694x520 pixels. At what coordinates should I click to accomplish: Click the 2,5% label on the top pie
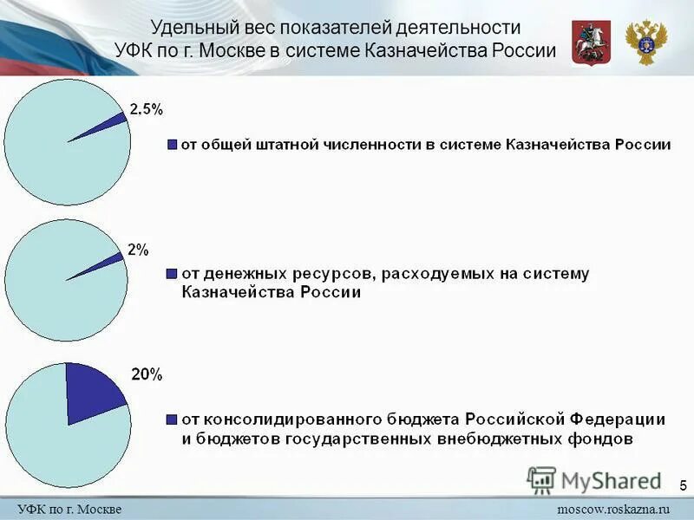coord(146,109)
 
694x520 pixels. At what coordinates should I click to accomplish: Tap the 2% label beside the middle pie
coord(138,250)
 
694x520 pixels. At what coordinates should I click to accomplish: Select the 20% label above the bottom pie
coord(146,375)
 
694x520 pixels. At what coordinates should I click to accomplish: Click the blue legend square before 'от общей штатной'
coord(173,145)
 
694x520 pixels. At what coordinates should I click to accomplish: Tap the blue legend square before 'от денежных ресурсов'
coord(173,274)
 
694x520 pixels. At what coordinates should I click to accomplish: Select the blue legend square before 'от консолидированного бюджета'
coord(173,419)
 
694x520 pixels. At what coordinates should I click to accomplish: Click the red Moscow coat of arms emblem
coord(591,42)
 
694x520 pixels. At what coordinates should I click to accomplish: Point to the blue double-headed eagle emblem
coord(646,42)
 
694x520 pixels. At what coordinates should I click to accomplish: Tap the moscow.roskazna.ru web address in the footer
coord(613,508)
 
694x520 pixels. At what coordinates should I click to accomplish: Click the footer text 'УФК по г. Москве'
coord(69,508)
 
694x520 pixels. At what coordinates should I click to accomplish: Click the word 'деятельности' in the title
coord(468,29)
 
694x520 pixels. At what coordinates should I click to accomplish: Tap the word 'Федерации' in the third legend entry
coord(618,419)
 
